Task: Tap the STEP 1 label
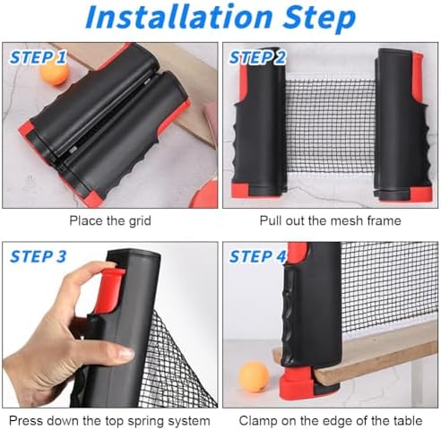click(38, 57)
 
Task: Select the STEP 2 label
click(258, 57)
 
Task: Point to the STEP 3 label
click(38, 256)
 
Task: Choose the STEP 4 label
click(258, 256)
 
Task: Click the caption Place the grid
click(110, 220)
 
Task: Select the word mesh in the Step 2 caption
click(346, 220)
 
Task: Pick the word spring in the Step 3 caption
click(144, 419)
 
